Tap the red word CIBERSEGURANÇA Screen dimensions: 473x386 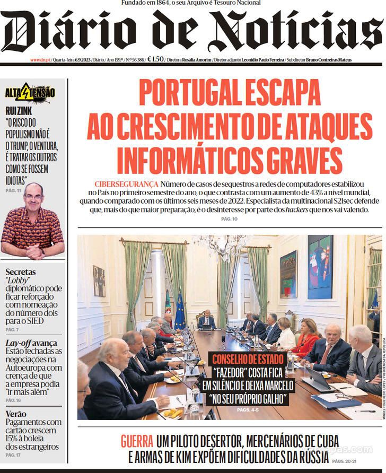click(126, 183)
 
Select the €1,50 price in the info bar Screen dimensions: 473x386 click(155, 60)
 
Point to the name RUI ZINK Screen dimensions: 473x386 click(18, 110)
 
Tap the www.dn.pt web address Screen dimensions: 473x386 click(40, 60)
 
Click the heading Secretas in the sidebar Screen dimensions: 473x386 click(21, 272)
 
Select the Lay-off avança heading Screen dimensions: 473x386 click(31, 343)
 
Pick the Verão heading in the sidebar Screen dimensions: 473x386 click(16, 414)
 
